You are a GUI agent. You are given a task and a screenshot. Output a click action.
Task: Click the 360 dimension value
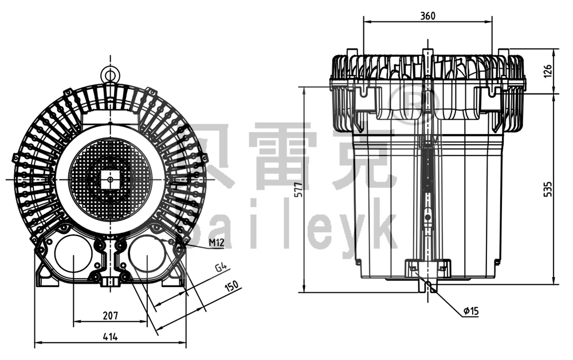(427, 15)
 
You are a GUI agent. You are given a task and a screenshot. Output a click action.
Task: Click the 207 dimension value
(111, 315)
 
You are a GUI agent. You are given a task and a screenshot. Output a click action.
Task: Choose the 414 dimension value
(111, 337)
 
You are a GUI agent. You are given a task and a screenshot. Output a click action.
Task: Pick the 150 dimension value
(232, 286)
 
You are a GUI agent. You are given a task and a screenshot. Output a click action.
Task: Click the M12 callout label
(216, 242)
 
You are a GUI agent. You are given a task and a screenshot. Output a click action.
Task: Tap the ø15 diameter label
(470, 311)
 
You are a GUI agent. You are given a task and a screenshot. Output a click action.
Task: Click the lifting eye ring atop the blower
(109, 73)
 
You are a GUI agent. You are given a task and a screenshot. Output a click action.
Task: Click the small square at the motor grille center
(110, 179)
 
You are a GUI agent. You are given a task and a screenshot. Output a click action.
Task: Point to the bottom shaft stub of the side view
(427, 285)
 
